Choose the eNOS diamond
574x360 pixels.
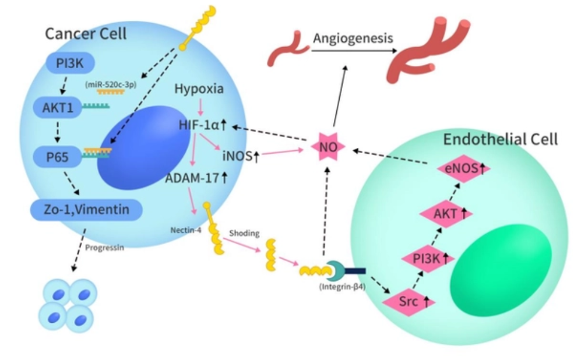pos(463,169)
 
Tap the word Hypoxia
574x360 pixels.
pos(199,90)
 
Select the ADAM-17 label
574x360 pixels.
pos(196,178)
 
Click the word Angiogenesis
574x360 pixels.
pos(353,39)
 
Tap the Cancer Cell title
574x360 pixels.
pos(86,33)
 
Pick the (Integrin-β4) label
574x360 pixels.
pos(342,287)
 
